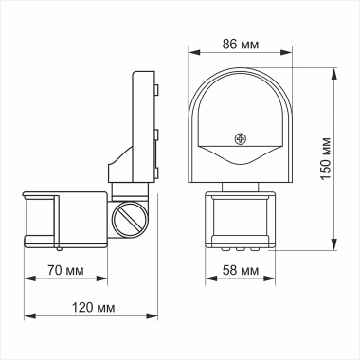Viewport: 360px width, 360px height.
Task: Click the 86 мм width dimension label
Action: [243, 45]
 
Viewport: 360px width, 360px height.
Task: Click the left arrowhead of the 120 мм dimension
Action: [27, 315]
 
